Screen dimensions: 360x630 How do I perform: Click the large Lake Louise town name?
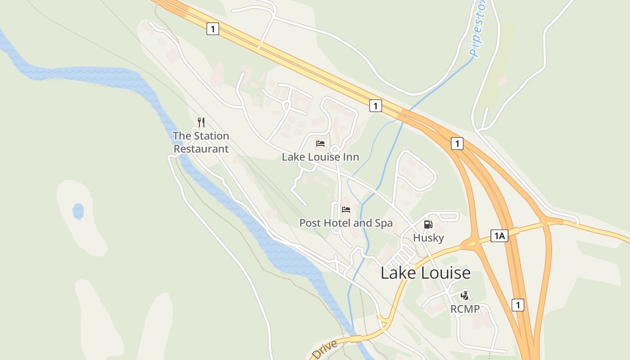pos(425,273)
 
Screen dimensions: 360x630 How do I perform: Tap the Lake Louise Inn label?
pos(320,157)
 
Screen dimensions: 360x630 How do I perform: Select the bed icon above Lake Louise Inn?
pos(320,144)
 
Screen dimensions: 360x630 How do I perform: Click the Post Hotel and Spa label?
pos(346,223)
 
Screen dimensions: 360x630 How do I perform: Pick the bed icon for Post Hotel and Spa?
pos(346,210)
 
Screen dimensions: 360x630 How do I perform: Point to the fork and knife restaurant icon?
pos(201,122)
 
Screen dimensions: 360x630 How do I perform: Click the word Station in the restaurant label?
pos(211,136)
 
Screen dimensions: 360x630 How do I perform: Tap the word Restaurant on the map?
pos(201,149)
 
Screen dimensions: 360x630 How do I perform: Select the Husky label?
pos(428,238)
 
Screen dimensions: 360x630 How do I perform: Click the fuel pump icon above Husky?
pos(428,225)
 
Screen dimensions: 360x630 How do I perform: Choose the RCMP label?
pos(465,309)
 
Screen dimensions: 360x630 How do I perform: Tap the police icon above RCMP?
pos(465,296)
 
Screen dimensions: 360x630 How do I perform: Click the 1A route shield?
pos(499,236)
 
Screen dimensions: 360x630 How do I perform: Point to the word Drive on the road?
pos(324,349)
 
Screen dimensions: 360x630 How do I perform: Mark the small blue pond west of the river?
pos(78,211)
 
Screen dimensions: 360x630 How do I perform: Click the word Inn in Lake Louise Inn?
pos(351,157)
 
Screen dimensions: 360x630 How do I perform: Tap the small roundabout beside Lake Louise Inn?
pos(334,149)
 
